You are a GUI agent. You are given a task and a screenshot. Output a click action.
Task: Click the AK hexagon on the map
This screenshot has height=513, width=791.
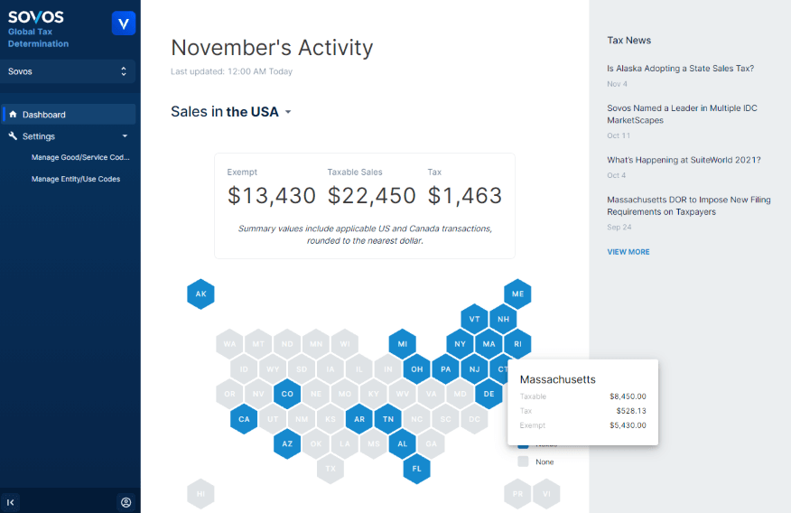[200, 294]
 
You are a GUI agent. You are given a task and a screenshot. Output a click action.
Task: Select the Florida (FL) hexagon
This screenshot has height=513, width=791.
[416, 469]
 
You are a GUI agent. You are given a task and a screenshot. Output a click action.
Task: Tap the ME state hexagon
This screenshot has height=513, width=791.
[517, 294]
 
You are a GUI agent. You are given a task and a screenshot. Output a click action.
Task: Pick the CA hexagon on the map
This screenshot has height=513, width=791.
[244, 419]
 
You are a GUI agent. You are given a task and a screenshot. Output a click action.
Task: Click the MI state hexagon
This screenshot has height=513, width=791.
[402, 344]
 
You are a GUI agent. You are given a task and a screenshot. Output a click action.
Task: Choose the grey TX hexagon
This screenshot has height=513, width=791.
[330, 469]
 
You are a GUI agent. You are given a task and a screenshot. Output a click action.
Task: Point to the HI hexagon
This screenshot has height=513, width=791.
[200, 494]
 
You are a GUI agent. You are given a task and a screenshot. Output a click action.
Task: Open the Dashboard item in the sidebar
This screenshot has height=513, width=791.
[44, 115]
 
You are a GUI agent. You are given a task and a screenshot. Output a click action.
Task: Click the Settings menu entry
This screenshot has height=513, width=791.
[39, 136]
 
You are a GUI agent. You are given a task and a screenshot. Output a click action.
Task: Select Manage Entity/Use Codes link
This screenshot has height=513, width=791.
[76, 179]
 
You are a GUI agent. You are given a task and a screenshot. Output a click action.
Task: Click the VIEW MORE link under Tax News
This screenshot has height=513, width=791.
[628, 252]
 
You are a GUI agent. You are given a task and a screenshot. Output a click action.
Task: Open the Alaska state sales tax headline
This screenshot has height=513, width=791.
[680, 69]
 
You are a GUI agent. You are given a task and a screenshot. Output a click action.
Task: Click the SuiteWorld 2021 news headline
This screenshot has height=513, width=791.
[684, 160]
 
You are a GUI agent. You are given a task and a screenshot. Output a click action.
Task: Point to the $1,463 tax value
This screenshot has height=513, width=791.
[464, 195]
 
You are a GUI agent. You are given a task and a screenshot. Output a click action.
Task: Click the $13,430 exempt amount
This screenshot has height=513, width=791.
[272, 195]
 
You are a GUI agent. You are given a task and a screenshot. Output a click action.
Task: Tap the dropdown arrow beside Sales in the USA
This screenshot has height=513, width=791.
[288, 112]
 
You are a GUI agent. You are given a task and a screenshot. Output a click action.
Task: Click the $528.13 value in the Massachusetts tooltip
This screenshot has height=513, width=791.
[628, 411]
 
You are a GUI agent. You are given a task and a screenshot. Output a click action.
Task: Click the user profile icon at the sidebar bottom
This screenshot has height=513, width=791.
[126, 502]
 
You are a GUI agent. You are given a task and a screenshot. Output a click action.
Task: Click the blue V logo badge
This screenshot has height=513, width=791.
[124, 23]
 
